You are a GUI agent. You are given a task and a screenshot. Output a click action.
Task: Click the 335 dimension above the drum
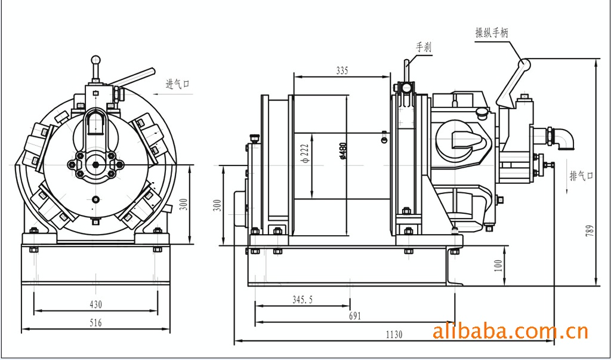pyautogui.click(x=342, y=70)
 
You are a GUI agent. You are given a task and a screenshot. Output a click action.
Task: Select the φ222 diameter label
pyautogui.click(x=304, y=153)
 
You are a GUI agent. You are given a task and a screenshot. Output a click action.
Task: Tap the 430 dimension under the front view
pyautogui.click(x=95, y=304)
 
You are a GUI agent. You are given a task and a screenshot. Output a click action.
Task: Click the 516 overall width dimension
pyautogui.click(x=95, y=323)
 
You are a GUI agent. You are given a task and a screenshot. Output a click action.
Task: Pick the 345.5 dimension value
pyautogui.click(x=303, y=300)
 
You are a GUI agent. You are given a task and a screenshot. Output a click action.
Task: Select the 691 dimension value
pyautogui.click(x=355, y=316)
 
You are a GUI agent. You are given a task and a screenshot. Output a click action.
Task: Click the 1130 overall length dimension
pyautogui.click(x=394, y=335)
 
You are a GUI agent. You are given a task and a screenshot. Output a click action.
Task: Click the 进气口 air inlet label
pyautogui.click(x=177, y=84)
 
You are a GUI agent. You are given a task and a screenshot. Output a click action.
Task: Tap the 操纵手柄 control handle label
pyautogui.click(x=492, y=33)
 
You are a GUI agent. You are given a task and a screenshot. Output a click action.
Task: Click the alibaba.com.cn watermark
pyautogui.click(x=510, y=331)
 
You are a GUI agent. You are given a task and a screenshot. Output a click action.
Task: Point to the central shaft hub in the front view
pyautogui.click(x=95, y=165)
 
